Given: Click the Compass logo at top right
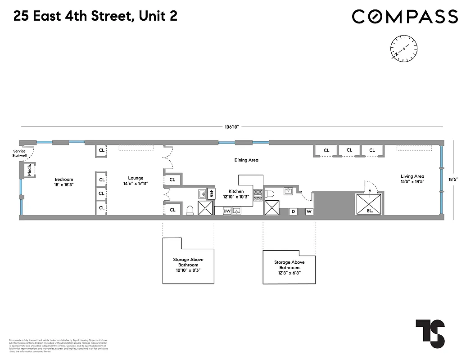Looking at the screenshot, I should coord(405,17).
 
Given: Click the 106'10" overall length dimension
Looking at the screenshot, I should coord(231,127).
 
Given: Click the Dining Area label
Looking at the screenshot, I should coord(246,160).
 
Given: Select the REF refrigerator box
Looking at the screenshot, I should coord(211,194).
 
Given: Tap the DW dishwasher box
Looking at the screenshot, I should coord(227,211).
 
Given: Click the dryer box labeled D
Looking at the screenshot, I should coord(293,211).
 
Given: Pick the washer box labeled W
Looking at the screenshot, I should coord(309,211).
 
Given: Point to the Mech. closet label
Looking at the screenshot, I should coord(28,170).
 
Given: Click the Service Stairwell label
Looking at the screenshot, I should coord(19,153).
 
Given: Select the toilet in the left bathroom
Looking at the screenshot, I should coord(190,210).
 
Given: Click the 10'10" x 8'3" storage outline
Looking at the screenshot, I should coord(188,262).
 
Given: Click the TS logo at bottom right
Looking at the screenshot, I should coord(430,333).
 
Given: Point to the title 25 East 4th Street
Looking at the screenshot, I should coord(95,16).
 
